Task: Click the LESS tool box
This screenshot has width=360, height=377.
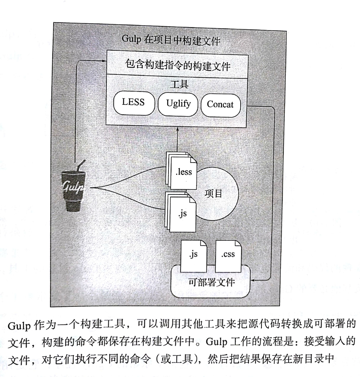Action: (x=133, y=104)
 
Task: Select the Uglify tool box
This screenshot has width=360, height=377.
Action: (x=178, y=104)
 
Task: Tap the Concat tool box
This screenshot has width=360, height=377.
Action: (x=220, y=104)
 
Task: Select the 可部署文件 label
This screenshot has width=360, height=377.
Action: (x=211, y=283)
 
